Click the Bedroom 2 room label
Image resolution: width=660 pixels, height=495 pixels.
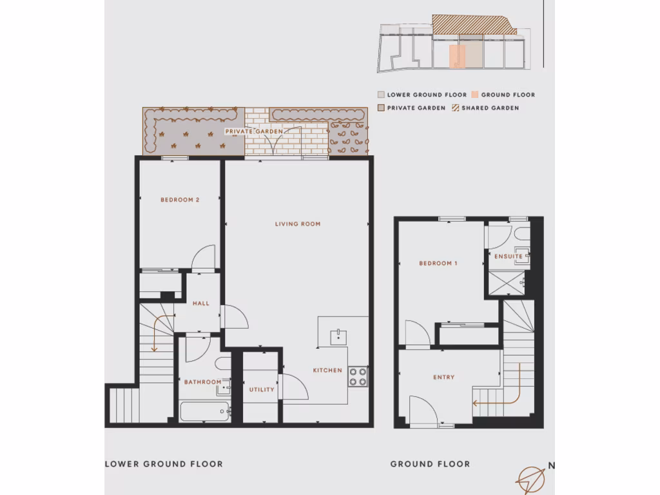pos(180,200)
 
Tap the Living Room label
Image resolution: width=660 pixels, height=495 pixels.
pos(298,224)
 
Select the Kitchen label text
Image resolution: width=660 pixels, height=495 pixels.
pos(327,371)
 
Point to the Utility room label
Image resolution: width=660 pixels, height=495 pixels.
pos(262,389)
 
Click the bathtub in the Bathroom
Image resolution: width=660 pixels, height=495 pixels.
pos(205,411)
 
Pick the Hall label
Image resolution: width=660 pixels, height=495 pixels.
pos(200,304)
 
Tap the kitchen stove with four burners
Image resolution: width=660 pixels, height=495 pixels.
pos(358,376)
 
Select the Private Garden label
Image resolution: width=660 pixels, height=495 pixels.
pos(254,131)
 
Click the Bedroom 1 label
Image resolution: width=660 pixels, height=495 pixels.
pos(438,264)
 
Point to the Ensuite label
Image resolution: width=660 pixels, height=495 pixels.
pos(509,257)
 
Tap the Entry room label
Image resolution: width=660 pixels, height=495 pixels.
pos(444,378)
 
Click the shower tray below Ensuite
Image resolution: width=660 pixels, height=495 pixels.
pos(507,282)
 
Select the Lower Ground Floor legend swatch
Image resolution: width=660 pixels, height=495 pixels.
pos(381,95)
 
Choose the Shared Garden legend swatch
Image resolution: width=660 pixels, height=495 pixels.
pos(455,108)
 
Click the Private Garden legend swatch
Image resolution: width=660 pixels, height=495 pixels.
pos(381,108)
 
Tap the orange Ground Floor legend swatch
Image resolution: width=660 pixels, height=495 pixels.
pos(475,95)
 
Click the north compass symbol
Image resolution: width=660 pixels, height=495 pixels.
pos(531,478)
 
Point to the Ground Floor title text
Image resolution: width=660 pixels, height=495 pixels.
pos(430,464)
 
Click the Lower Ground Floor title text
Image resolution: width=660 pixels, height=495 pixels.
pos(164,464)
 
